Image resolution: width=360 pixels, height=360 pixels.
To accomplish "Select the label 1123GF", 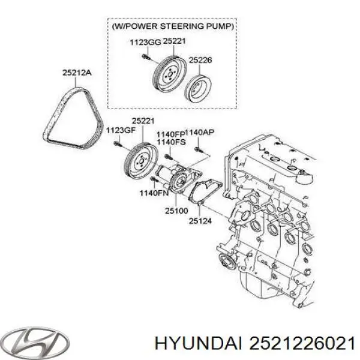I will pyautogui.click(x=118, y=130).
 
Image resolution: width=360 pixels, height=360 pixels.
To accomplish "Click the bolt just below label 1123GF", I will pyautogui.click(x=118, y=143).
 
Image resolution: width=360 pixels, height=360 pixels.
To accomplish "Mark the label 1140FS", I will pyautogui.click(x=169, y=142).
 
